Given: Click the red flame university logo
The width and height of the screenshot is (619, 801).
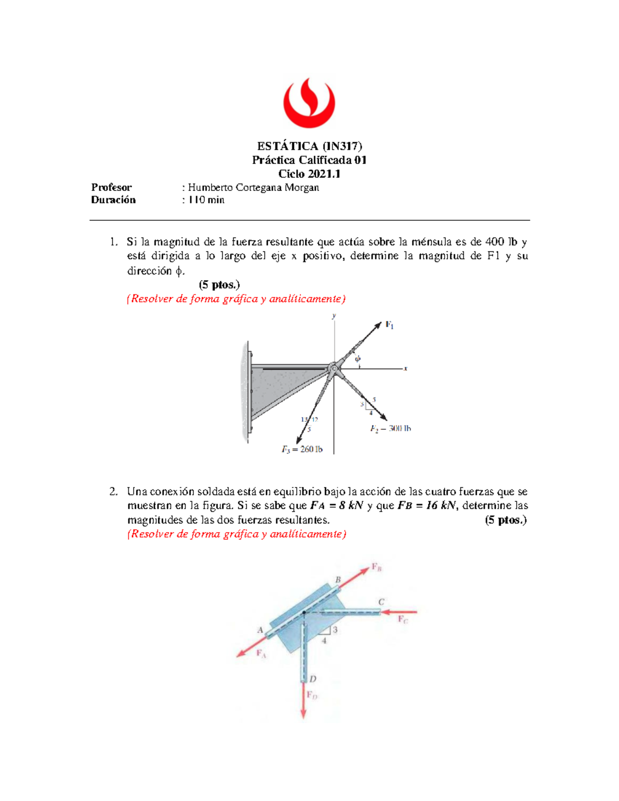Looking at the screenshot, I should tap(309, 103).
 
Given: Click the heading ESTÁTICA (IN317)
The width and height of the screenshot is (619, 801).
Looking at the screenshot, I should tap(309, 146).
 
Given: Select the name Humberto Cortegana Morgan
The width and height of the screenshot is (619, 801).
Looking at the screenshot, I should tap(253, 187).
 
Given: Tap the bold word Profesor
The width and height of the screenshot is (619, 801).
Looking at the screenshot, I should tap(111, 187).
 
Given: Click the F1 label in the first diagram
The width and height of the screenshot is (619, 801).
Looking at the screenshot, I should tap(389, 325).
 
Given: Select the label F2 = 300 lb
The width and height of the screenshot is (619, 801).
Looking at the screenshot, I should tap(390, 429).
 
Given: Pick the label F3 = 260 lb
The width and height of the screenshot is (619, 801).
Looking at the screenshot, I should tap(302, 449).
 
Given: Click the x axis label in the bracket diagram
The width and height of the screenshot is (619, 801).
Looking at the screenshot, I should tap(405, 368).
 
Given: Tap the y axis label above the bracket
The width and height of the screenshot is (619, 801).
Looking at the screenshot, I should tap(334, 316).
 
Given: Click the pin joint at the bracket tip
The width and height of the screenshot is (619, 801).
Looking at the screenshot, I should tap(334, 368).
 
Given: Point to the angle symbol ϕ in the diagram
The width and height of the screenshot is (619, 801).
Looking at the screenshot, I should tap(357, 359).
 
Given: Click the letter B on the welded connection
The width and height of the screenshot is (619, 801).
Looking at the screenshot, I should tap(338, 580).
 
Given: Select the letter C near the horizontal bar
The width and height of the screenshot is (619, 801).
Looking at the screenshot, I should tap(381, 602).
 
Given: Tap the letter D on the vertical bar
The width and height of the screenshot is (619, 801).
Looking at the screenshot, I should tap(313, 679).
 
